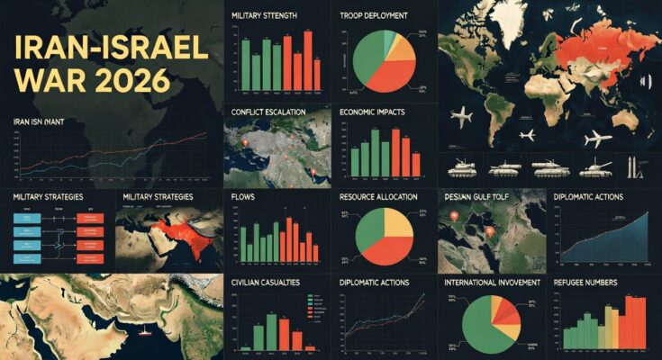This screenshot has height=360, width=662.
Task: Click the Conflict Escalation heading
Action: point(268,112)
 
